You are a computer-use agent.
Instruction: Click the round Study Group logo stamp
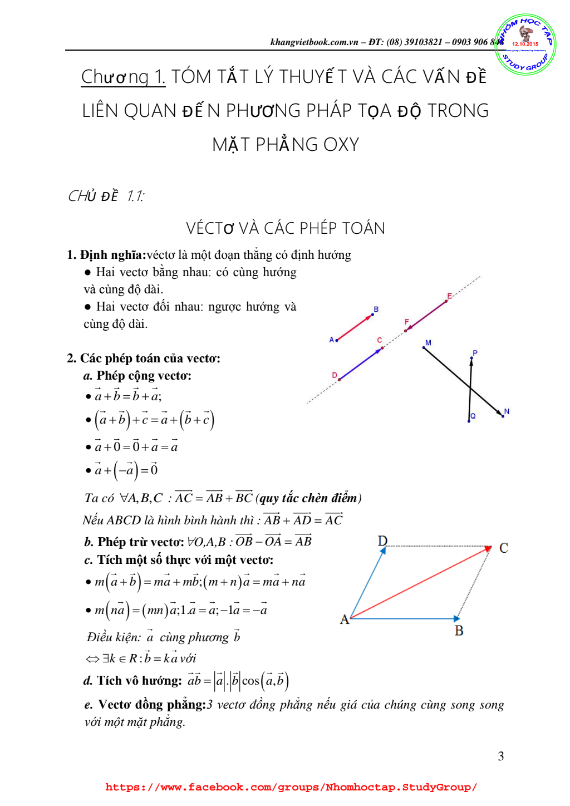click(x=525, y=45)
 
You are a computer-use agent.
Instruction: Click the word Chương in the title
click(x=115, y=77)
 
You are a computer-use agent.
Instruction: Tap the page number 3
click(x=501, y=756)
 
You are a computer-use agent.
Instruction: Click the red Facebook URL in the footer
click(x=291, y=787)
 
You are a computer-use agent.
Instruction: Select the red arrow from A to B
click(x=355, y=328)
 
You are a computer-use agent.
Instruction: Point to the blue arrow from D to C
click(x=360, y=364)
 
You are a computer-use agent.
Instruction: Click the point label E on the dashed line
click(x=449, y=296)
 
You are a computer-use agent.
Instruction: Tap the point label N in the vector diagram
click(x=507, y=411)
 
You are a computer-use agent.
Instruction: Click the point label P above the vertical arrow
click(x=475, y=353)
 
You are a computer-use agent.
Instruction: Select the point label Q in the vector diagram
click(x=473, y=416)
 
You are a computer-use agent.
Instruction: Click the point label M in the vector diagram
click(x=428, y=343)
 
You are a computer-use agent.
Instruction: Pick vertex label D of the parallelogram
click(x=382, y=541)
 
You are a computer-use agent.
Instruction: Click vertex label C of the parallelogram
click(x=504, y=548)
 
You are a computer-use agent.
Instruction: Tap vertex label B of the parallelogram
click(x=459, y=631)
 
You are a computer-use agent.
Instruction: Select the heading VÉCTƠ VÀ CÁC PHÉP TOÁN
click(x=286, y=228)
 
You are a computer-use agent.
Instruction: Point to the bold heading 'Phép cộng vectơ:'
click(x=144, y=376)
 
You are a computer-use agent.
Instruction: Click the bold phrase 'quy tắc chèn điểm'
click(x=308, y=498)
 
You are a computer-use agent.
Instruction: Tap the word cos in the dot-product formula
click(x=250, y=681)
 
